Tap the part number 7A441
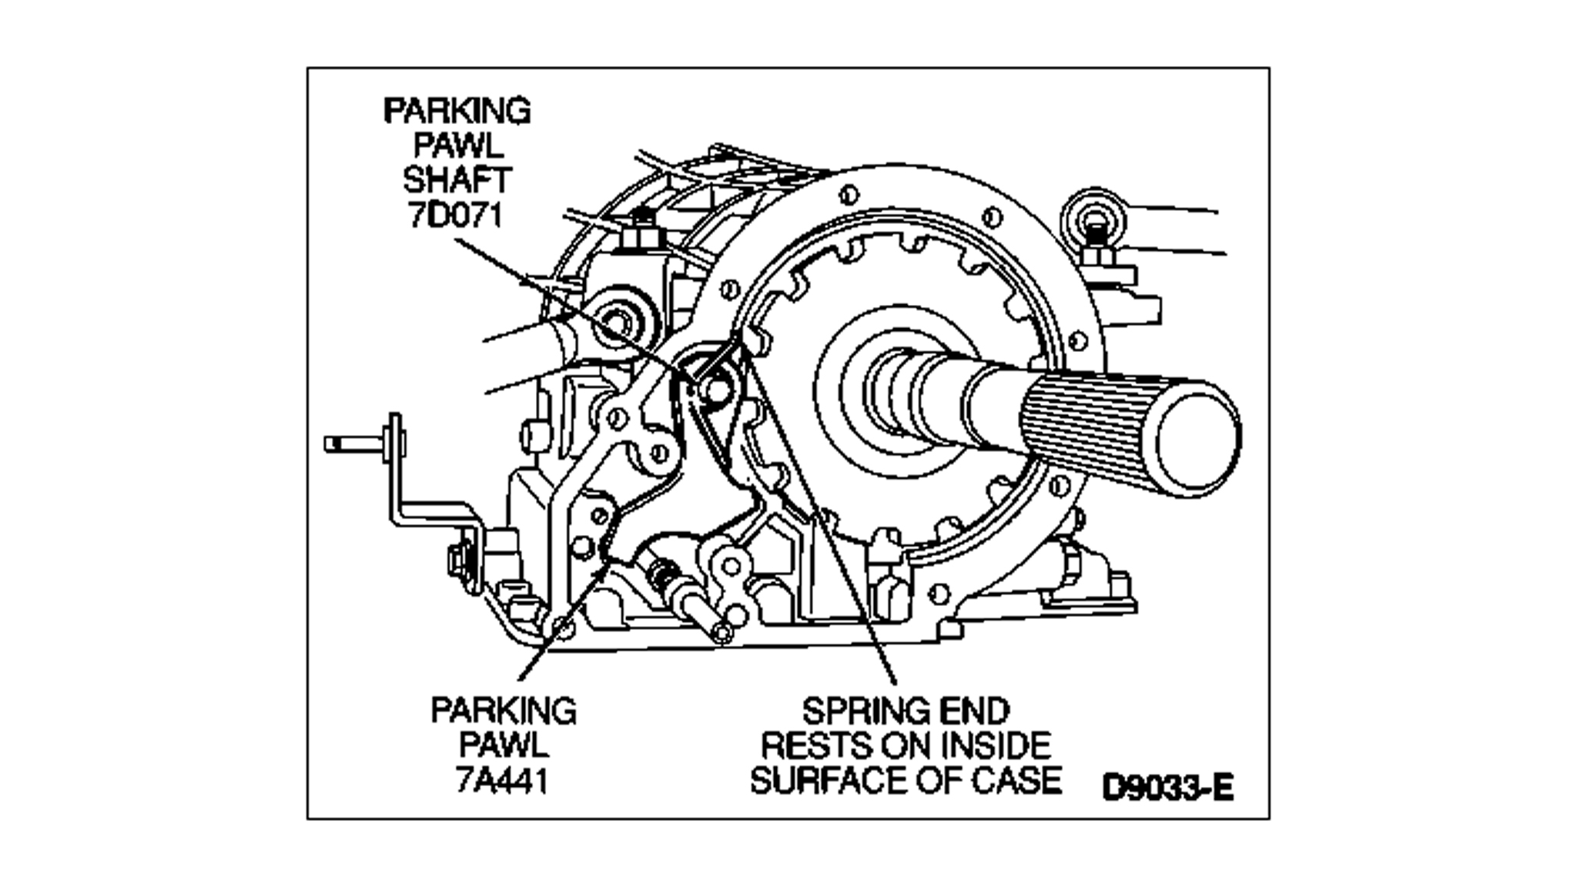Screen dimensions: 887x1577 click(x=502, y=781)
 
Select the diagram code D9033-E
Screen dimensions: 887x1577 click(x=1167, y=788)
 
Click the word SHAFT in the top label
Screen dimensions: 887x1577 click(x=457, y=179)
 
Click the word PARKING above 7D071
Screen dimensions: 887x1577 click(x=457, y=111)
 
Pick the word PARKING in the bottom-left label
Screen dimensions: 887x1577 click(x=504, y=711)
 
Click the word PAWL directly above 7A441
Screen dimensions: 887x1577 click(x=504, y=745)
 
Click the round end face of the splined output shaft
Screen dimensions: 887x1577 click(x=1194, y=439)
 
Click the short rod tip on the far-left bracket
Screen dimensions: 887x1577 click(x=339, y=443)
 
